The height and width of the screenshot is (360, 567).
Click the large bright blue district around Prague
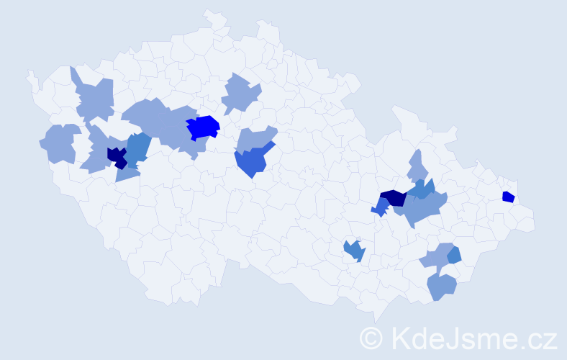coord(202,127)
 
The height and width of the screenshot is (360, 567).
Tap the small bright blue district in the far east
coord(508,197)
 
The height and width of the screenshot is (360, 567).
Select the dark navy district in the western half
coord(116,156)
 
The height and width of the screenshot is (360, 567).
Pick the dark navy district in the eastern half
coord(394,198)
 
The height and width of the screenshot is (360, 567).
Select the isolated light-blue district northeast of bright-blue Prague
coord(240,94)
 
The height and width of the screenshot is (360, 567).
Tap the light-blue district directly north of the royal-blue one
coord(256,138)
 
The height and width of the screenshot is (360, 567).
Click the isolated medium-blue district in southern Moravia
coord(354,251)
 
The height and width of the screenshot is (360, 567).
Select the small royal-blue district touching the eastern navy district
coord(380,208)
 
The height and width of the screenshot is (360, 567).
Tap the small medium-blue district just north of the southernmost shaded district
coord(453,254)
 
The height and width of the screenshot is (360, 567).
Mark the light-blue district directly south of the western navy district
coord(127,172)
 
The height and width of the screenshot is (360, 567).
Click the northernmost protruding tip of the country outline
coord(211,12)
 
